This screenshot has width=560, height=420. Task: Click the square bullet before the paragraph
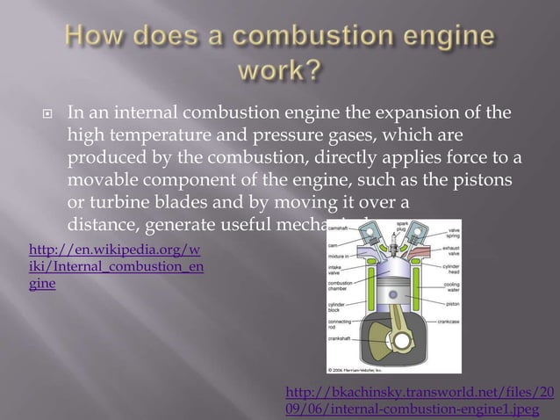[43, 114]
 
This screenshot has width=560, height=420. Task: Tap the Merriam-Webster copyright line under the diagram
[353, 369]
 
